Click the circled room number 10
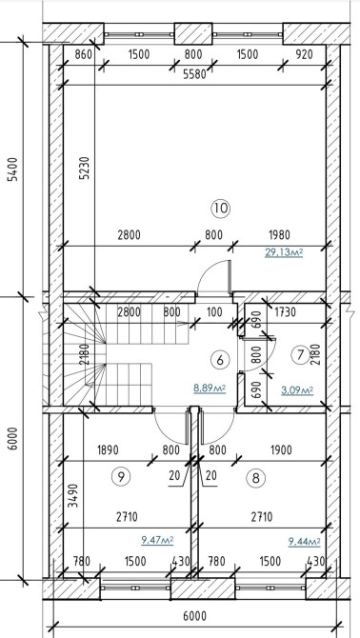point(220,209)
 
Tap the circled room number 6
point(220,360)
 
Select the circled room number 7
point(301,355)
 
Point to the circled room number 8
point(256,478)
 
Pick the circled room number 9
point(121,476)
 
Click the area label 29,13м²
point(284,253)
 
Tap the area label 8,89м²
point(210,389)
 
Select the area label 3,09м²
point(297,391)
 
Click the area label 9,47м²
point(157,540)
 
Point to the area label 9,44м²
point(304,542)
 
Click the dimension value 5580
point(194,75)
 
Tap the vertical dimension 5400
point(13,169)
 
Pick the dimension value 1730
point(284,312)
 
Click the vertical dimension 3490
point(72,495)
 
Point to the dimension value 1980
point(279,235)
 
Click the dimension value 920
point(304,54)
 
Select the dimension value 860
point(84,54)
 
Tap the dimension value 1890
point(108,450)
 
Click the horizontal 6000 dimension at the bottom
point(195,616)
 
